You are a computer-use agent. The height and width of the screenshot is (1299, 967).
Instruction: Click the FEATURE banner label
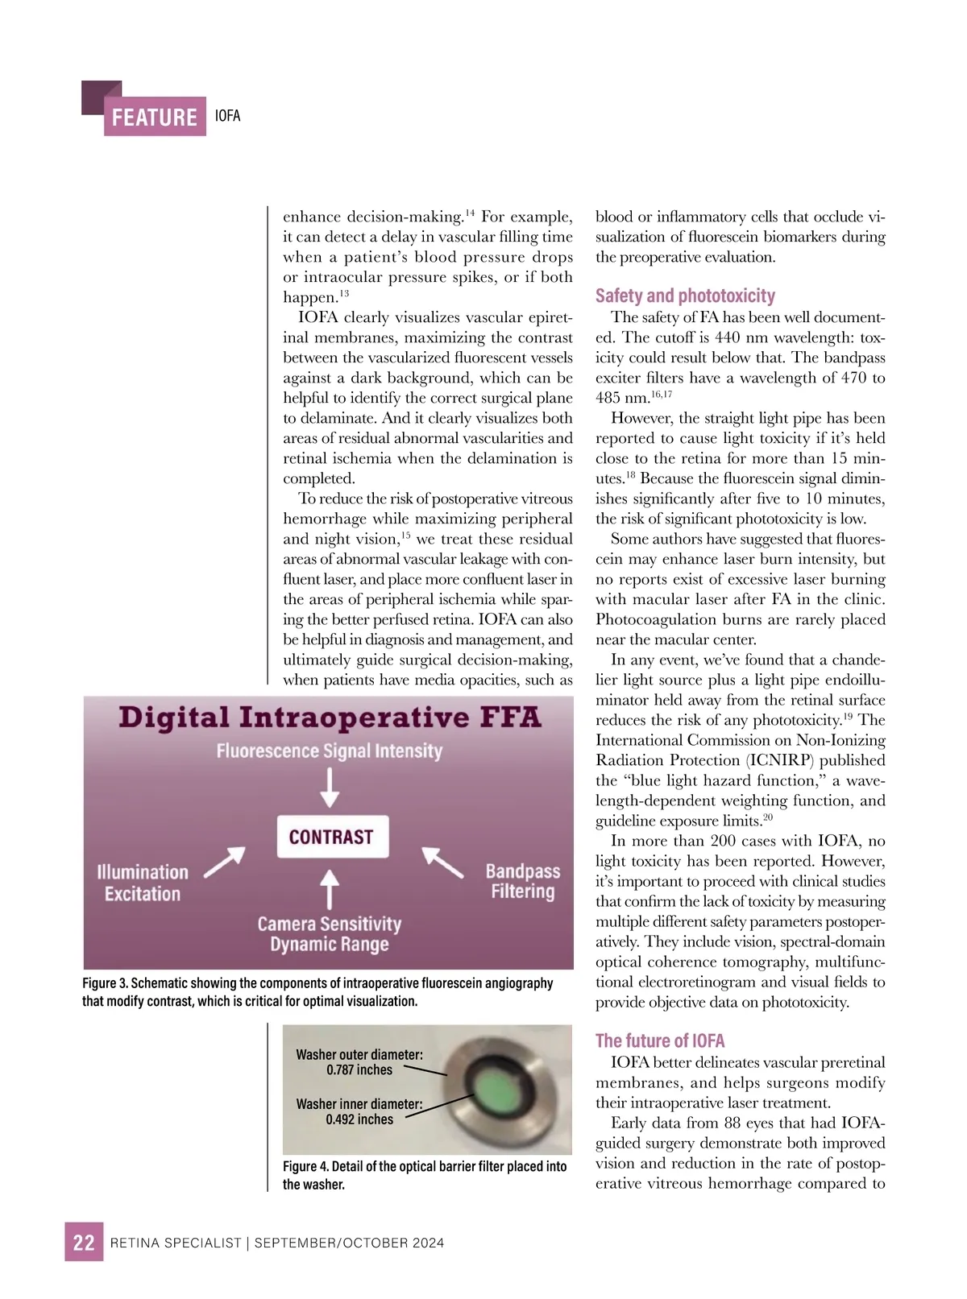(x=155, y=118)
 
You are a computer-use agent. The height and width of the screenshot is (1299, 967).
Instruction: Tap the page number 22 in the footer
(x=84, y=1242)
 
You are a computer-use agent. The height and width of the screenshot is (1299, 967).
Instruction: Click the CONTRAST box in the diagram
(x=331, y=837)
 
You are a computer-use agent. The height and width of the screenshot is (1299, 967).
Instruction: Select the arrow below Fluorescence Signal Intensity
(x=330, y=787)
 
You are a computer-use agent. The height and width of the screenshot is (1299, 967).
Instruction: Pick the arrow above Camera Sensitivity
(x=330, y=888)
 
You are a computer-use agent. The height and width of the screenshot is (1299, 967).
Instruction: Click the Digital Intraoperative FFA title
(x=330, y=717)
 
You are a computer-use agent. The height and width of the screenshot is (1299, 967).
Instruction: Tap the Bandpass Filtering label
(x=522, y=881)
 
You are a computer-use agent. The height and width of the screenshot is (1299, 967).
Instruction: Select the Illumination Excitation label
(x=142, y=883)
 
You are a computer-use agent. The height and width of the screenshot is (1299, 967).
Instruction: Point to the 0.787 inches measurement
(x=359, y=1070)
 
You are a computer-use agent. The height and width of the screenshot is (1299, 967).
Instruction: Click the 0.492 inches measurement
(x=359, y=1119)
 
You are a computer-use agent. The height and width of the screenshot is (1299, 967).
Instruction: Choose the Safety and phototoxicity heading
(x=685, y=296)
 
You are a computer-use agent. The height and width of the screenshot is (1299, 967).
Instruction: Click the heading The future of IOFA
(x=660, y=1040)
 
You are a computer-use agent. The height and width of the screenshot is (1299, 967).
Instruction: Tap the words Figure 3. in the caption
(x=105, y=983)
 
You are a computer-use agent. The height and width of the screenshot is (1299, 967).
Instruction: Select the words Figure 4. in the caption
(x=305, y=1166)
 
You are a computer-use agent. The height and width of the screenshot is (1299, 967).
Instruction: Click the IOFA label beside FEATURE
(x=228, y=116)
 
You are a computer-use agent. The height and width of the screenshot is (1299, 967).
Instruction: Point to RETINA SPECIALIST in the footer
(x=176, y=1243)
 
